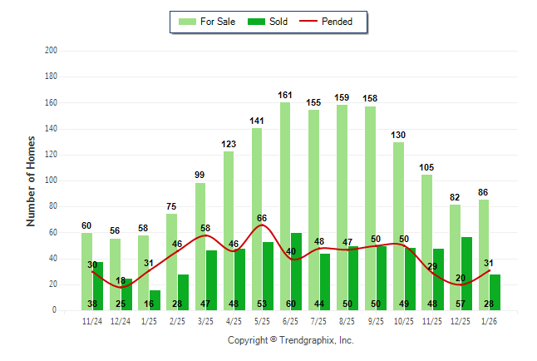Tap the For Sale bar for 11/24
coord(86,266)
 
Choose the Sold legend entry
coord(267,22)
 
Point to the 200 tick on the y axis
coord(51,51)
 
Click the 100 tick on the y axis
coord(51,180)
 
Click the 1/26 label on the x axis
coord(490,320)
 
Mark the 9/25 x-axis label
coord(376,320)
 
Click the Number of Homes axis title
coord(32,180)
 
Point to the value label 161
coord(285,96)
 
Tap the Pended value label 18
coord(121,281)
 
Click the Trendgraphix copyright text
coord(291,340)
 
